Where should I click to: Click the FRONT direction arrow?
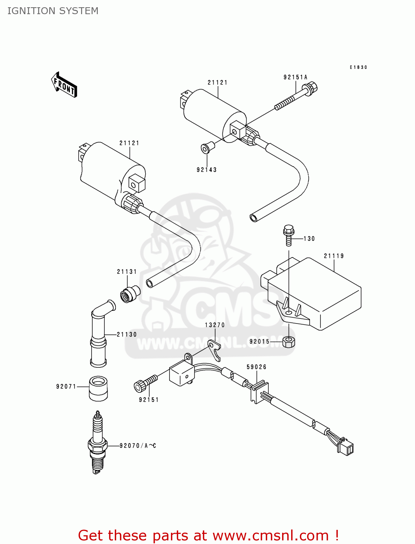coord(64,85)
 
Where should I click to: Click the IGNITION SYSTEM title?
coord(53,11)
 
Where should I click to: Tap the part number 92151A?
coord(295,77)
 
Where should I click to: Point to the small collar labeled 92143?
coord(207,148)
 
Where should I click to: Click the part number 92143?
coord(206,170)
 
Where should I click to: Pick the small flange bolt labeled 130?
coord(289,235)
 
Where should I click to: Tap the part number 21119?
coord(334,256)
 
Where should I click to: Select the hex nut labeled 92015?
coord(289,342)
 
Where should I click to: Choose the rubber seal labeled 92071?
coord(98,388)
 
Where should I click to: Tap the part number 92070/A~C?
coord(138,446)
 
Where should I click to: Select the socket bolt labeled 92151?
coord(146,383)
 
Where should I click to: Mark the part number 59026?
coord(256,367)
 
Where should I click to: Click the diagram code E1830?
coord(358,67)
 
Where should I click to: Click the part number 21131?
coord(127,272)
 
